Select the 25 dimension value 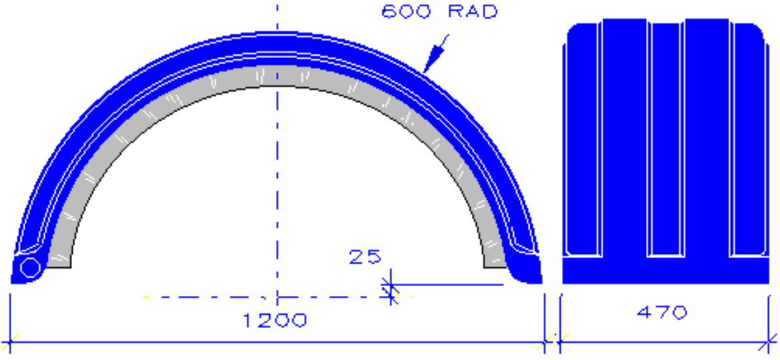364,257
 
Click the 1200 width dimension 275,321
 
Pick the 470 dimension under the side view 662,312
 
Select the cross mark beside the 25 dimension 391,287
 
